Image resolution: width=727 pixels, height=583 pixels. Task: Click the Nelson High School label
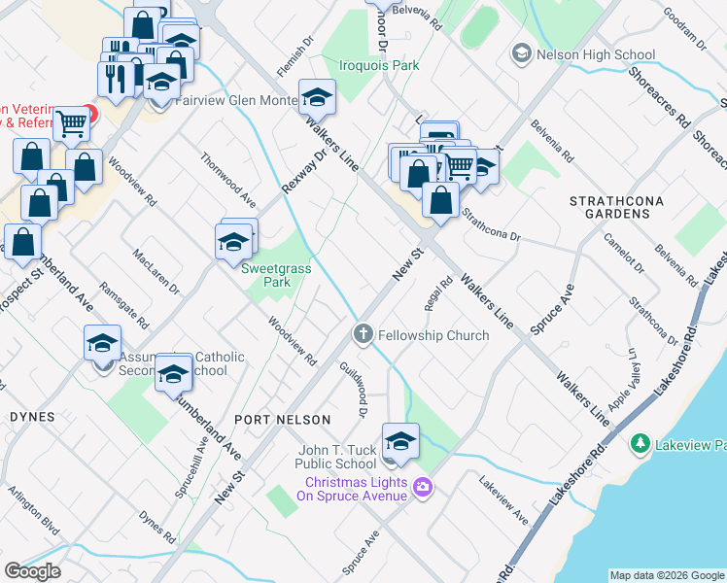pyautogui.click(x=594, y=54)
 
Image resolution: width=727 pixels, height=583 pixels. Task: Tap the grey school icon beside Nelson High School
pyautogui.click(x=522, y=53)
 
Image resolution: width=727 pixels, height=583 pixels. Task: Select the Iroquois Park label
pyautogui.click(x=378, y=66)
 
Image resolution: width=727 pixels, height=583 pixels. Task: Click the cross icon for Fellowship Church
pyautogui.click(x=363, y=335)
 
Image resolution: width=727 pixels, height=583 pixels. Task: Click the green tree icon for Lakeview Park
pyautogui.click(x=640, y=445)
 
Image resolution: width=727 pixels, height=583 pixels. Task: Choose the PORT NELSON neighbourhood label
pyautogui.click(x=283, y=419)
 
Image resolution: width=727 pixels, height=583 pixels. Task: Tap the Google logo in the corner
pyautogui.click(x=32, y=571)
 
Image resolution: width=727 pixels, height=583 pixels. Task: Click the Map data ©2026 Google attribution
pyautogui.click(x=667, y=575)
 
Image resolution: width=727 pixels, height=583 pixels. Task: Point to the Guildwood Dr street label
pyautogui.click(x=352, y=389)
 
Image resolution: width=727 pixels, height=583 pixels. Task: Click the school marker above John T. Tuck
pyautogui.click(x=400, y=441)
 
